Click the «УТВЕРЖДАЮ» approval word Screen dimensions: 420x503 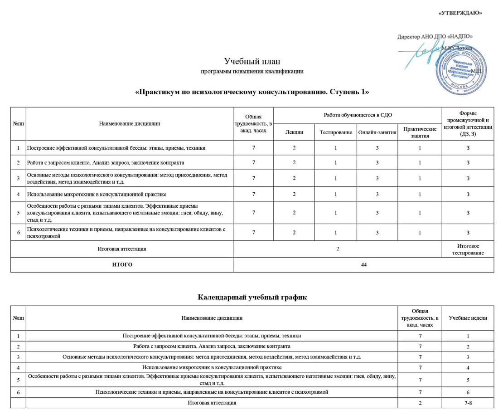pyautogui.click(x=460, y=13)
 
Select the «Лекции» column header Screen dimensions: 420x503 pyautogui.click(x=294, y=132)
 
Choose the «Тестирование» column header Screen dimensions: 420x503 pyautogui.click(x=336, y=132)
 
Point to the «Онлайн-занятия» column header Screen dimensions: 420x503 pyautogui.click(x=377, y=132)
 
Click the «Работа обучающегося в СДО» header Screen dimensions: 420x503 pyautogui.click(x=358, y=115)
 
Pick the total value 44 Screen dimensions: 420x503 pyautogui.click(x=363, y=264)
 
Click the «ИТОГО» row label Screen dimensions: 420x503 pyautogui.click(x=122, y=264)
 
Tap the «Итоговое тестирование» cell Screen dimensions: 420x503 pyautogui.click(x=468, y=249)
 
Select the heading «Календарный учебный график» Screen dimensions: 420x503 pyautogui.click(x=252, y=297)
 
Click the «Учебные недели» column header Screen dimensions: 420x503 pyautogui.click(x=468, y=318)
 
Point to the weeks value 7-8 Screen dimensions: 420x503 pyautogui.click(x=468, y=403)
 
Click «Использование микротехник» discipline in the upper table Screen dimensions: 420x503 pyautogui.click(x=97, y=194)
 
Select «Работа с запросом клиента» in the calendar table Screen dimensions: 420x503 pyautogui.click(x=212, y=347)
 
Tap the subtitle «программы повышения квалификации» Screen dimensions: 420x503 pyautogui.click(x=252, y=72)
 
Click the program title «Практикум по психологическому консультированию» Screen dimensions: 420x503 pyautogui.click(x=252, y=92)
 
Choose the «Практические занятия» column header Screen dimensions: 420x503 pyautogui.click(x=420, y=132)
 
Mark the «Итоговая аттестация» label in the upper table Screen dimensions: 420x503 pyautogui.click(x=122, y=249)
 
